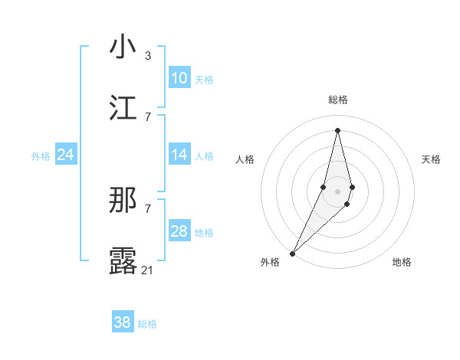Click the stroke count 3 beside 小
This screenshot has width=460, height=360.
click(148, 56)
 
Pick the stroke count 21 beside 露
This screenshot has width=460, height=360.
click(148, 270)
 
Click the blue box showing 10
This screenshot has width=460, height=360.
click(179, 78)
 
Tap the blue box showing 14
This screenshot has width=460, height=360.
click(179, 155)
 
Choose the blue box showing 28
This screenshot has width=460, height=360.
click(179, 231)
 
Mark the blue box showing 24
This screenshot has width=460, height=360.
click(66, 155)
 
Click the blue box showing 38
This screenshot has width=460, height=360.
click(123, 322)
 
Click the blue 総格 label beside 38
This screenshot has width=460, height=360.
click(147, 324)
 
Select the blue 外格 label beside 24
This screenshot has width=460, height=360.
click(41, 156)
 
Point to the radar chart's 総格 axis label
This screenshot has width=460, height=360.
click(337, 100)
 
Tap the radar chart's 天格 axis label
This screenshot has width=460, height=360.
click(432, 159)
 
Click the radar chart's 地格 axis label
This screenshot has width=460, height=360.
click(402, 262)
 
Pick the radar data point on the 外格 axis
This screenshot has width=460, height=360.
click(292, 254)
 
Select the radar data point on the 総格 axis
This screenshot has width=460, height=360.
click(337, 130)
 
